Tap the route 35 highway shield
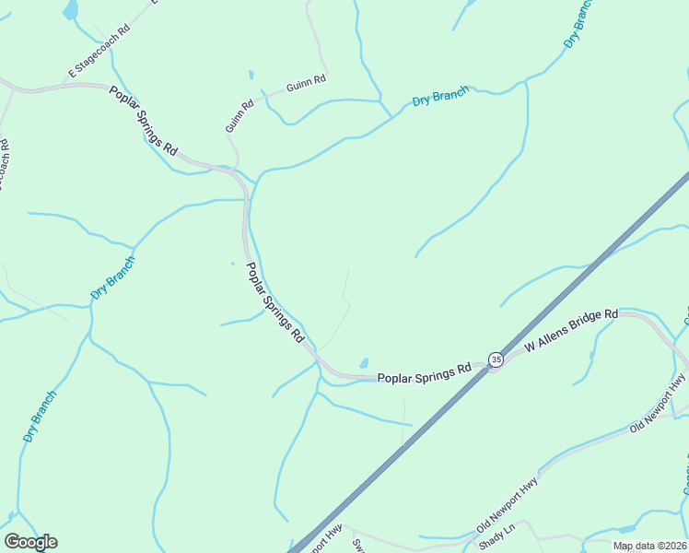[496, 359]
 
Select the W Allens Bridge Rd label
[570, 333]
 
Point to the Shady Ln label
[496, 536]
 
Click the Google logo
[30, 542]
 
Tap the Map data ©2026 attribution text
[649, 546]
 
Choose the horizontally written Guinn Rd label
[306, 83]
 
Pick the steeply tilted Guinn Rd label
[239, 116]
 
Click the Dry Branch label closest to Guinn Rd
[440, 96]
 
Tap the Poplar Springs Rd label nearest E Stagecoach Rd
[144, 120]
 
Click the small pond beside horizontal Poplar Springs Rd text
[365, 362]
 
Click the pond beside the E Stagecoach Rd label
[70, 10]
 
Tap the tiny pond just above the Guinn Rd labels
[250, 74]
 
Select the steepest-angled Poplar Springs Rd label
[274, 302]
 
